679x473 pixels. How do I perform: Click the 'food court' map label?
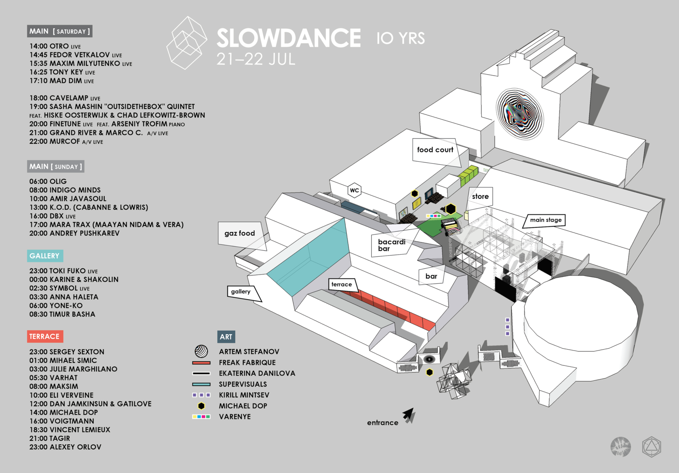click(435, 150)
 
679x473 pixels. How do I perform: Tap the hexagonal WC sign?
click(354, 190)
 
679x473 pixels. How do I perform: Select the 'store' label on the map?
click(480, 196)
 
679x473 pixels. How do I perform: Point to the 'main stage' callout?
click(546, 220)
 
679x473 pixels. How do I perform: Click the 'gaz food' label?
click(240, 233)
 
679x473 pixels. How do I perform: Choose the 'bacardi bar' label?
click(392, 245)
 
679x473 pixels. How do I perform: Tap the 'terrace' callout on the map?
click(342, 285)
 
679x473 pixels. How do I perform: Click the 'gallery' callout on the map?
click(241, 291)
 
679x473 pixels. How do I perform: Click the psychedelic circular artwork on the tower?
click(520, 114)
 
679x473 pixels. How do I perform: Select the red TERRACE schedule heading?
click(44, 336)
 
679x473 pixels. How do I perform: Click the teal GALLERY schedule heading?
click(44, 256)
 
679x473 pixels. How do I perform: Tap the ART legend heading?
click(226, 337)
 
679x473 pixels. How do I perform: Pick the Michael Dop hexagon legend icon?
click(201, 406)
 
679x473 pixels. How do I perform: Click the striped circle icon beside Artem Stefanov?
click(201, 351)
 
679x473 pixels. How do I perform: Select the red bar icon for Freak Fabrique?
click(201, 363)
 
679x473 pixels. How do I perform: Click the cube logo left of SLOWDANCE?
click(187, 43)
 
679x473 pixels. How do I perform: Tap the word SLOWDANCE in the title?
click(289, 38)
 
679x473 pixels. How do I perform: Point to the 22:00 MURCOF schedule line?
click(66, 141)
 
